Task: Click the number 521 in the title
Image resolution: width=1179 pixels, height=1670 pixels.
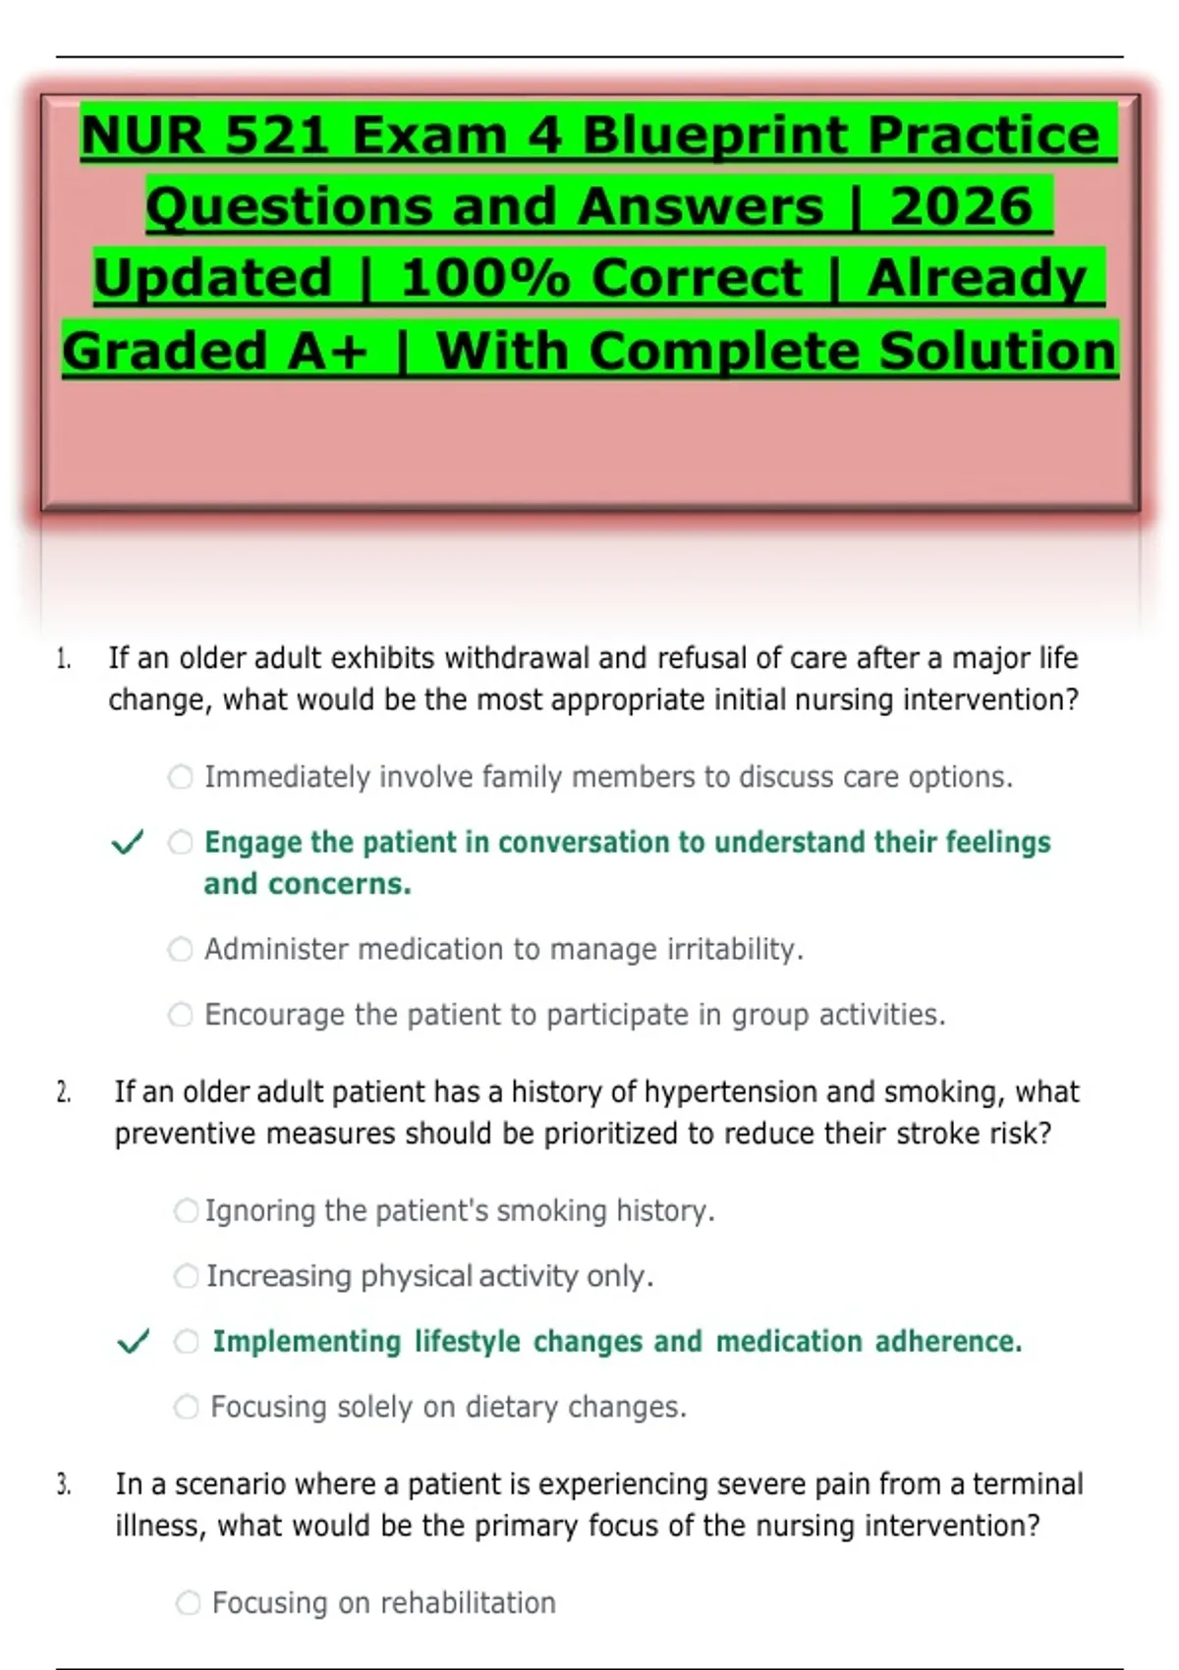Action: point(277,136)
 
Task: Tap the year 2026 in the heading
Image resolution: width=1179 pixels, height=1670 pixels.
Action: point(961,206)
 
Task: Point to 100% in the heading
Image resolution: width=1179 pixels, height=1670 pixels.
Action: point(485,278)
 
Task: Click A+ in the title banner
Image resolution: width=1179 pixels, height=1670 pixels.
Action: point(328,351)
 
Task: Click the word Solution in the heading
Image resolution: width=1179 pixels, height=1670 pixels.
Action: point(998,351)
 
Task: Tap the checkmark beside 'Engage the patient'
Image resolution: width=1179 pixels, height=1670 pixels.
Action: point(127,843)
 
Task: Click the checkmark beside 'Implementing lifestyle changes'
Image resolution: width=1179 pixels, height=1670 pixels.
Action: point(134,1341)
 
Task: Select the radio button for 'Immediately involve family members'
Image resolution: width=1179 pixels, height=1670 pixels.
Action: point(181,777)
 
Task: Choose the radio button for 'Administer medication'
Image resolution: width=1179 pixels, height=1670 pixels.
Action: point(181,949)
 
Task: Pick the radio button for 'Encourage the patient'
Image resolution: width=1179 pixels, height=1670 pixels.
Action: point(181,1015)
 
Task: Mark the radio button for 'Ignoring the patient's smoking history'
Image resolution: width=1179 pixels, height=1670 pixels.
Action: point(187,1210)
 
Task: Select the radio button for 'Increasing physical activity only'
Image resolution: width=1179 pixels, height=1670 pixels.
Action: point(187,1276)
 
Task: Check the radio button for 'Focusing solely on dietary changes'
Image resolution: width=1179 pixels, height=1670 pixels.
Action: point(187,1408)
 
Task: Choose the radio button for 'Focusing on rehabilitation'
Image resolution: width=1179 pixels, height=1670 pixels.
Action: point(188,1603)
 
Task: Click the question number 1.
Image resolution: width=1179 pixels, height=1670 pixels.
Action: point(64,659)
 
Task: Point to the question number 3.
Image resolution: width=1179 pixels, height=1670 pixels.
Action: point(64,1484)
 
